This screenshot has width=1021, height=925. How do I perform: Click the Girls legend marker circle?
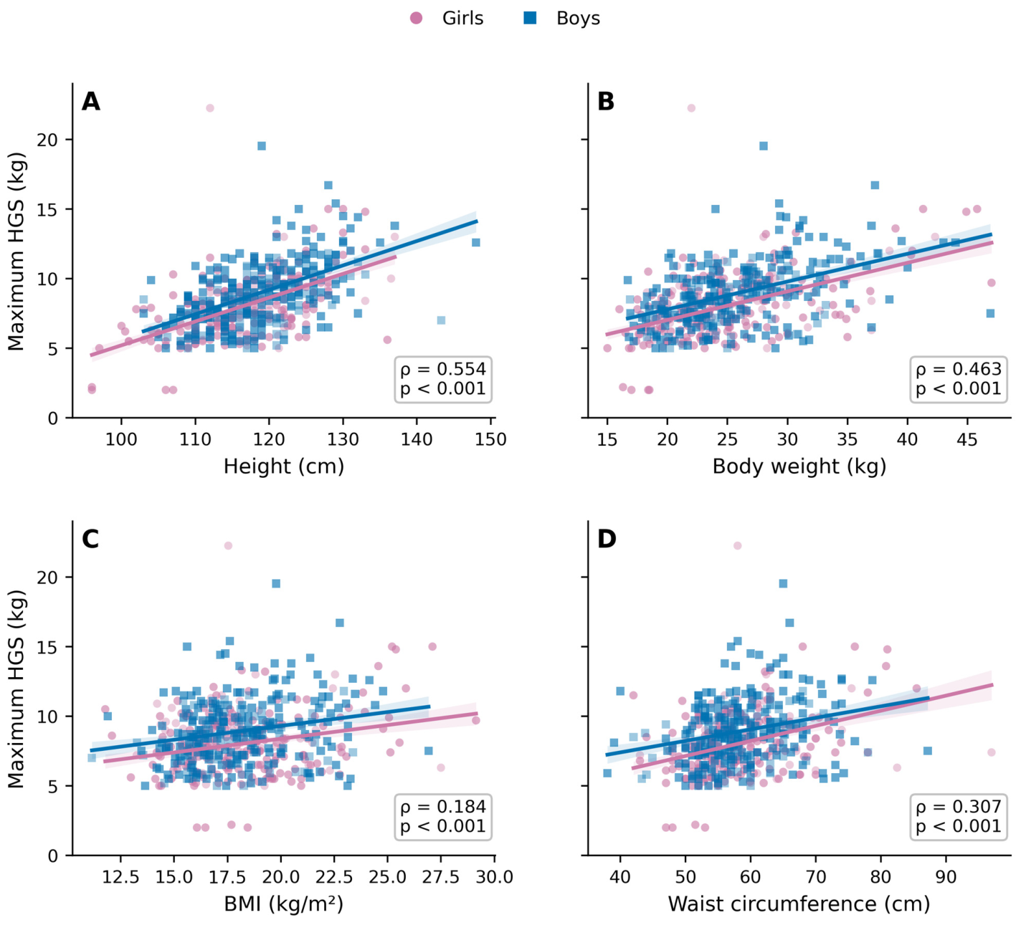click(x=416, y=19)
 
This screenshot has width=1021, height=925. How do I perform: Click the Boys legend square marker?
click(x=530, y=19)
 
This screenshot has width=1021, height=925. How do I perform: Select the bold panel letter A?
click(x=90, y=101)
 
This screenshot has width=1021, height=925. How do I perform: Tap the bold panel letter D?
click(x=607, y=539)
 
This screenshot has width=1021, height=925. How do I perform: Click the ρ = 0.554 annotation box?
click(x=443, y=379)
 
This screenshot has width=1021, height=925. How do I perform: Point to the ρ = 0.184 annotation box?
click(x=443, y=817)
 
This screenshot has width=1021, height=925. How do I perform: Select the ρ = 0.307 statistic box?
click(x=959, y=817)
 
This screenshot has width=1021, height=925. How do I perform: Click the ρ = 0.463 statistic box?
click(x=959, y=379)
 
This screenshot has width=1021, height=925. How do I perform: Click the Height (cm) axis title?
click(x=283, y=466)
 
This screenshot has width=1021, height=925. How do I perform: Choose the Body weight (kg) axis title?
click(x=799, y=466)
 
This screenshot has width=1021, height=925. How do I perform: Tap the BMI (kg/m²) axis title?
click(x=283, y=904)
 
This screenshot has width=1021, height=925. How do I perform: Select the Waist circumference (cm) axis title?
click(x=799, y=904)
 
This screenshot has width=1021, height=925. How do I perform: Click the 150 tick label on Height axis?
click(x=490, y=439)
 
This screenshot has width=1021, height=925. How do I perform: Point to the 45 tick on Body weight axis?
click(x=967, y=439)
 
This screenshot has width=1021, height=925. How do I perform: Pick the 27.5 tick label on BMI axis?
click(x=440, y=877)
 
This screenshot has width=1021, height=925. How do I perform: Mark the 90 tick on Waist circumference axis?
click(x=946, y=877)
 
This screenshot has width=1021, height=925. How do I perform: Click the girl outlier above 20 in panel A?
click(x=209, y=108)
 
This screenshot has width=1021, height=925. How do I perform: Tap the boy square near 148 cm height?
click(x=476, y=242)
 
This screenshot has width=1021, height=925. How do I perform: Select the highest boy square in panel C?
click(x=276, y=583)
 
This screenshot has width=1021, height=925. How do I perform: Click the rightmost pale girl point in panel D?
click(x=991, y=752)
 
